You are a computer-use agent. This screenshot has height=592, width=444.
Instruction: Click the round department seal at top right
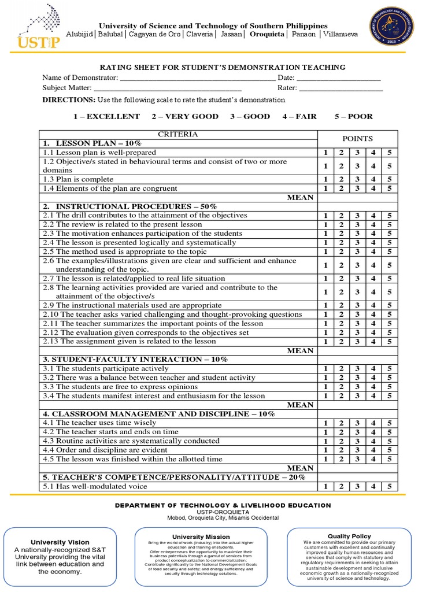[x=391, y=29]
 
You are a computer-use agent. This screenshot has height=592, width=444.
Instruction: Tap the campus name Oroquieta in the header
[x=267, y=34]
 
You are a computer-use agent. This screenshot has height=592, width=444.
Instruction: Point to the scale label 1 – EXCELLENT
[x=106, y=116]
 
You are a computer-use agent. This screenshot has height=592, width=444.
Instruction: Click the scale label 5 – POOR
[x=353, y=116]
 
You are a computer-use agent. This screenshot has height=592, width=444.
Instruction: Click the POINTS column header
[x=358, y=139]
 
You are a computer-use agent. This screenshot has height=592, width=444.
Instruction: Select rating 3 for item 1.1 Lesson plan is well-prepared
[x=357, y=153]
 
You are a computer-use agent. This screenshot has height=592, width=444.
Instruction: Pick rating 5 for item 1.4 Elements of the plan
[x=390, y=188]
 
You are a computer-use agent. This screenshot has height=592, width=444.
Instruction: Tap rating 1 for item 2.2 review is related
[x=325, y=224]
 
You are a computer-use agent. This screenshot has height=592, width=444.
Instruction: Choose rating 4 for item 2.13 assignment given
[x=373, y=342]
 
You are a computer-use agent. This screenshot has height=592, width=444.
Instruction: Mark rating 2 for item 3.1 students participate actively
[x=341, y=369]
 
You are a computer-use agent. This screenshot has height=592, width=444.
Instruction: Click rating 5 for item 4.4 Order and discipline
[x=390, y=450]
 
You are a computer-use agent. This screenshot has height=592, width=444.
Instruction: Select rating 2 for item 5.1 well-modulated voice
[x=341, y=487]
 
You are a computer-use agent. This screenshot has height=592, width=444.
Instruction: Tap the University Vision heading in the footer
[x=60, y=542]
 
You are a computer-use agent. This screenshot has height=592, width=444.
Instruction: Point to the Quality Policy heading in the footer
[x=349, y=536]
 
